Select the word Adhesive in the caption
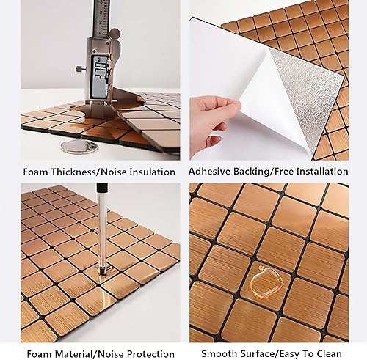[x=211, y=172]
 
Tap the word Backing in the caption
[x=256, y=172]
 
